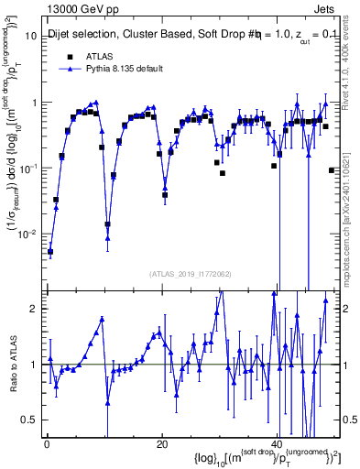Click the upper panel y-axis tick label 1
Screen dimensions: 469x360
click(x=36, y=103)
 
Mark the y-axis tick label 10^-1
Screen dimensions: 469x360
click(x=30, y=168)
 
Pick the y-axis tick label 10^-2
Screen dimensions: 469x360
click(x=30, y=234)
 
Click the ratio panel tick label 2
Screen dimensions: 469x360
click(x=36, y=309)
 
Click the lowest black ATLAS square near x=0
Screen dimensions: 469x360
click(x=50, y=252)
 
